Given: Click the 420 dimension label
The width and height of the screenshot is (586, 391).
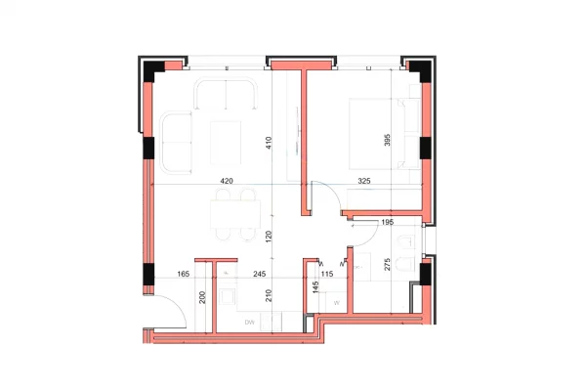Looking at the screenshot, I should pos(227,181).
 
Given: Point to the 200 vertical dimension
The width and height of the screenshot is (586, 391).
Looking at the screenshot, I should pos(203,299).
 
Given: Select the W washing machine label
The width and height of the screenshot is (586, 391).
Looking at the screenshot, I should pos(336,303).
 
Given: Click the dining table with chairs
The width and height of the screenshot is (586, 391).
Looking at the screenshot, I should pos(233,214).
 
